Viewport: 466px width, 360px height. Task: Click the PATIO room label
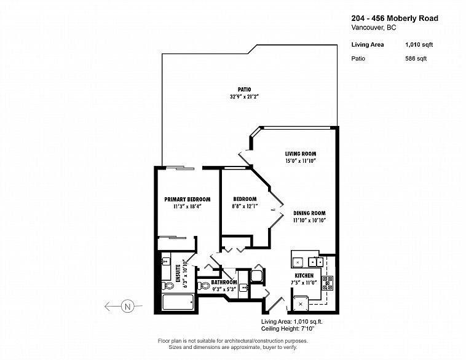pos(244,90)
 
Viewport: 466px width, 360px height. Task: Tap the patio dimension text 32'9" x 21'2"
pos(244,96)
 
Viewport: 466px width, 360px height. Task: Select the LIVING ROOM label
pos(301,154)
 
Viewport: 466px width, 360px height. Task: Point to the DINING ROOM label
pos(309,213)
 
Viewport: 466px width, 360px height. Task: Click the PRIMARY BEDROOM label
pos(188,199)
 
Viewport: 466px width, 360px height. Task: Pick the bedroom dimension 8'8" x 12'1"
pos(245,206)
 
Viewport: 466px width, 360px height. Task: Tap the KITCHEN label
pos(304,276)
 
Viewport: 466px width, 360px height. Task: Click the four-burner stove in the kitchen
pos(328,283)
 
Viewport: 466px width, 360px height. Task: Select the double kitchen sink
pos(315,262)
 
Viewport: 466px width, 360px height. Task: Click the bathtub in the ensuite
pos(178,302)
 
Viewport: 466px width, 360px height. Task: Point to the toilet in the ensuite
pos(168,286)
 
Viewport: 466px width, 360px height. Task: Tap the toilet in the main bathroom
pos(204,286)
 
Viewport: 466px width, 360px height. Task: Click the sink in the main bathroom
pos(243,288)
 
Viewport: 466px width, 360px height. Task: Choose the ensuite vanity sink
pos(165,261)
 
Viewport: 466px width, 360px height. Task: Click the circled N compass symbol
pos(128,306)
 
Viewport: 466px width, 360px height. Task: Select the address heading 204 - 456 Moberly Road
pos(395,18)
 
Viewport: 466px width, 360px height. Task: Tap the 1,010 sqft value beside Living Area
pos(419,45)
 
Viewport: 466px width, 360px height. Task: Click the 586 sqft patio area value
pos(416,58)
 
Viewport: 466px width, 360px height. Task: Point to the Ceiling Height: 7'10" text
pos(288,329)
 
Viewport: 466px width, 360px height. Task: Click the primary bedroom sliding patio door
pos(180,168)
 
